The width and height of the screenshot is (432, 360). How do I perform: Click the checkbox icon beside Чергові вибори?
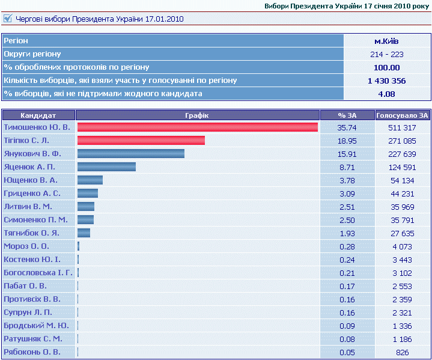coord(8,19)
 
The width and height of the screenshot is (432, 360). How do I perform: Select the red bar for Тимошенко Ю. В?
coord(198,127)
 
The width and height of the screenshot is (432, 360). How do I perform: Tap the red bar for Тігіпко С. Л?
coord(141,140)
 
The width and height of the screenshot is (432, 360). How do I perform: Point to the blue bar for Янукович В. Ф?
coord(131,153)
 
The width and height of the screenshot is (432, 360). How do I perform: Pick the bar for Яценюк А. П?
coord(106,166)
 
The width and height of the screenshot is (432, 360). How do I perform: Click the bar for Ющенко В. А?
coord(90,180)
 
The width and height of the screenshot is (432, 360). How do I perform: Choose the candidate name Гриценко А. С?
coord(32,194)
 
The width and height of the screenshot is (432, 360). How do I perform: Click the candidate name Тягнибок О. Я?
coord(31,233)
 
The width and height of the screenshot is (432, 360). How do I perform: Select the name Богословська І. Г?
coord(38,273)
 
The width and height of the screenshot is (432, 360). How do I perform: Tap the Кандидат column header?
coord(38,115)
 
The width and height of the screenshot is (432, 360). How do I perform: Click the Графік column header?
coord(197,115)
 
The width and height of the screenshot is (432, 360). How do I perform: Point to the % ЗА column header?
coord(347,115)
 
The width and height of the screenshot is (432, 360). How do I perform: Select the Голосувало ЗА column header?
coord(402,115)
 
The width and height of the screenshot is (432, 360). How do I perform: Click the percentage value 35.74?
coord(347,127)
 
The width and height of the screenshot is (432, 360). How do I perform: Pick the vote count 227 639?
coord(402,154)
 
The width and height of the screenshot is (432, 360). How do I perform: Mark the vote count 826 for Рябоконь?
coord(402,353)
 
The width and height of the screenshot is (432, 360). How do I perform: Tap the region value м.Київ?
coord(386,41)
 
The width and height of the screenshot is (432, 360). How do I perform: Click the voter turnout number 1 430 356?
coord(386,81)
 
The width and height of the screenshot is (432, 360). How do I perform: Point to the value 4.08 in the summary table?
coord(386,94)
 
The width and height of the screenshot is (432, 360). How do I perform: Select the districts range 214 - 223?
coord(386,54)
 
